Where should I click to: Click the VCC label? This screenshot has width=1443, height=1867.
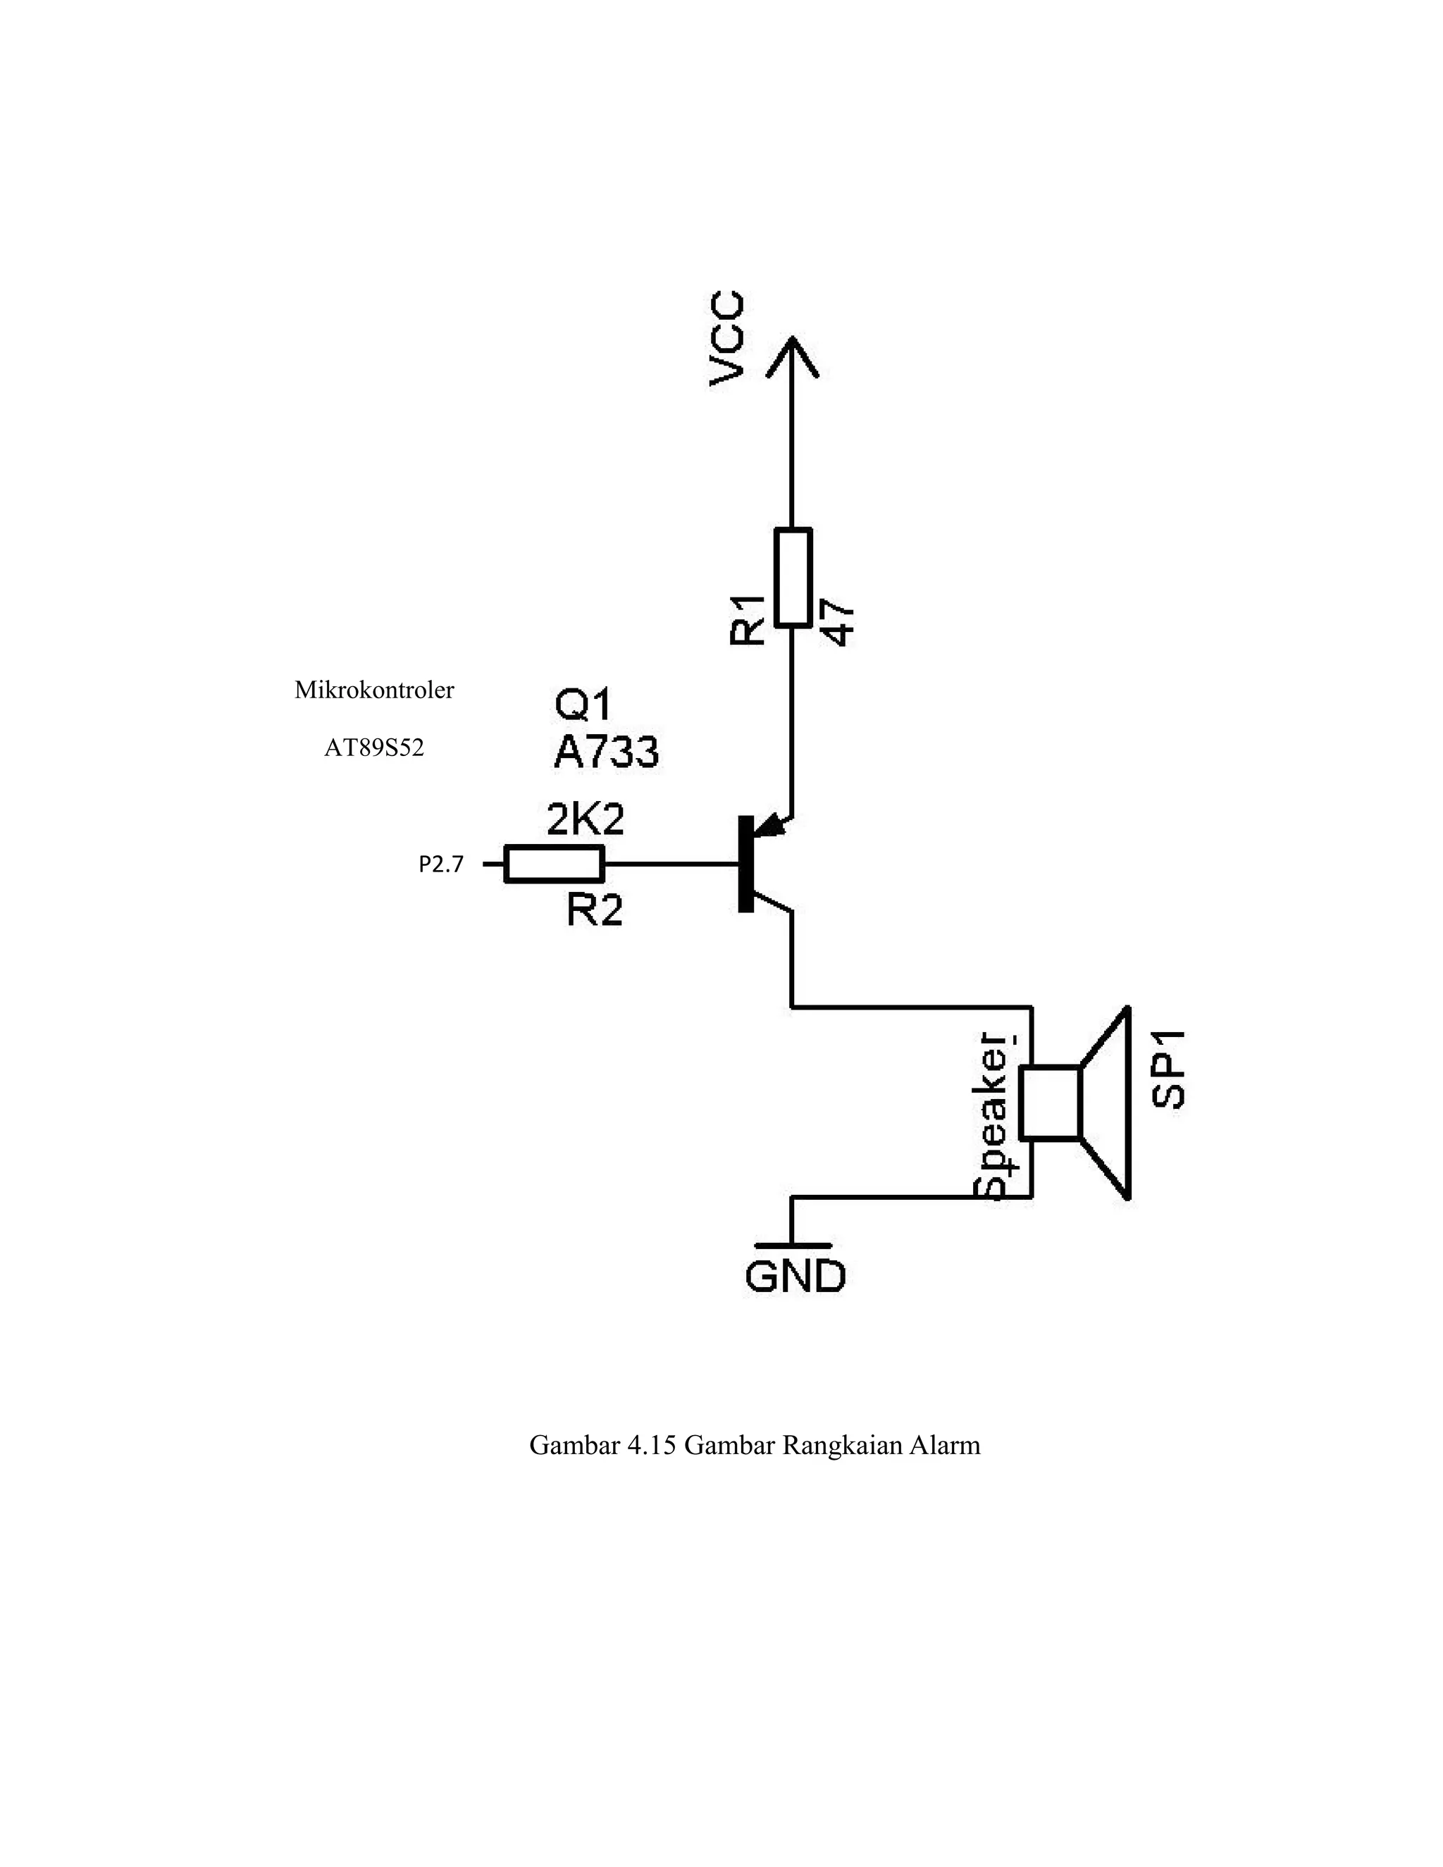tap(727, 340)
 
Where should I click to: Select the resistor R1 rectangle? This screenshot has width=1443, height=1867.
tap(793, 578)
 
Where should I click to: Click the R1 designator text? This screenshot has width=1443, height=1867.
tap(748, 619)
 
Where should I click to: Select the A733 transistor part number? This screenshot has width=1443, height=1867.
tap(606, 752)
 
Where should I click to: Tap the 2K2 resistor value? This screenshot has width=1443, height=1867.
tap(586, 820)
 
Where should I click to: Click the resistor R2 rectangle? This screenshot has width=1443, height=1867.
tap(554, 864)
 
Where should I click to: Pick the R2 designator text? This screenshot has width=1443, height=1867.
tap(594, 911)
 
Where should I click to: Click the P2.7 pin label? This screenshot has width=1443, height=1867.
tap(441, 865)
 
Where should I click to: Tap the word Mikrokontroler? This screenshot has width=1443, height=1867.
tap(373, 690)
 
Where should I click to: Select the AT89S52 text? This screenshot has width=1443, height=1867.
tap(373, 749)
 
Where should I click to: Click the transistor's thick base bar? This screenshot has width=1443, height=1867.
tap(745, 864)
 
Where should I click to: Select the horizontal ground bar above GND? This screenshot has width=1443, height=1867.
tap(793, 1246)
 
